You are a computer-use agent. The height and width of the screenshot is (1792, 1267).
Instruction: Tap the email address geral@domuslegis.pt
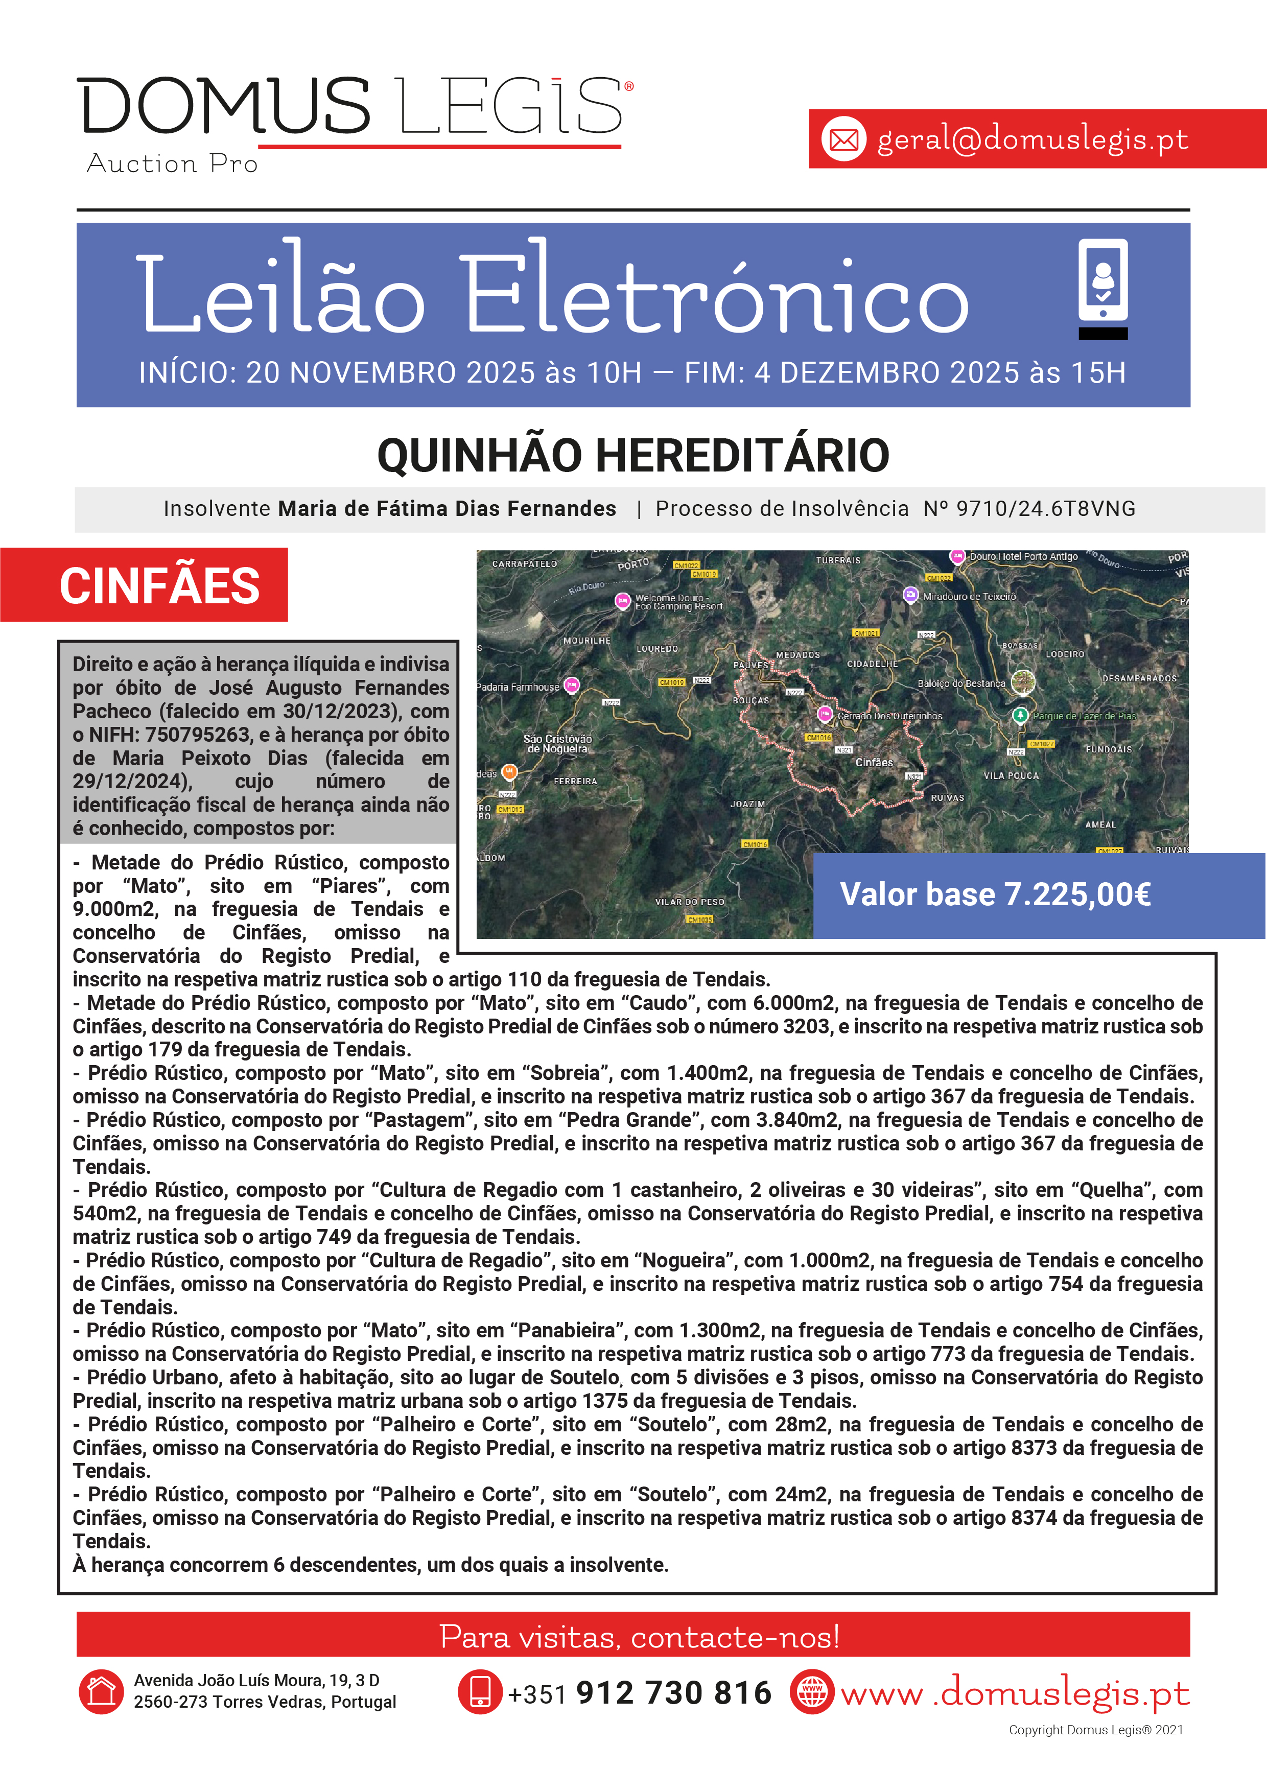coord(1032,139)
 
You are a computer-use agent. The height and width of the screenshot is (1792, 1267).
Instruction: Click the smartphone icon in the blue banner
coord(1102,281)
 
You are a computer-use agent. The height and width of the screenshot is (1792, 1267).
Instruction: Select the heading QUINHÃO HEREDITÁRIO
coord(633,456)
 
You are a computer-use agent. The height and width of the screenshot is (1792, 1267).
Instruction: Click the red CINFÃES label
coord(159,585)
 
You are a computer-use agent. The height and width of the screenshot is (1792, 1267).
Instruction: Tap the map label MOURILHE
coord(586,641)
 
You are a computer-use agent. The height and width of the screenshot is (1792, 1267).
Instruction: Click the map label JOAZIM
coord(747,804)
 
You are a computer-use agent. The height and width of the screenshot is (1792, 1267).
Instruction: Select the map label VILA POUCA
coord(1011,776)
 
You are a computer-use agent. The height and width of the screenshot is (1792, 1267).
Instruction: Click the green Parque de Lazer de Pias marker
coord(1020,715)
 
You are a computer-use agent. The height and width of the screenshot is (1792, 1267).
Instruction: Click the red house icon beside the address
coord(101,1692)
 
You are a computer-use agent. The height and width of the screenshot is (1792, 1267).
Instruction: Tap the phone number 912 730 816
coord(673,1693)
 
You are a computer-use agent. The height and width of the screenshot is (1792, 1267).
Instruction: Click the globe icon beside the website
coord(812,1692)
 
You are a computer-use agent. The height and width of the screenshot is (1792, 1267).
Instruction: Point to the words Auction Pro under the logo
coord(172,164)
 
